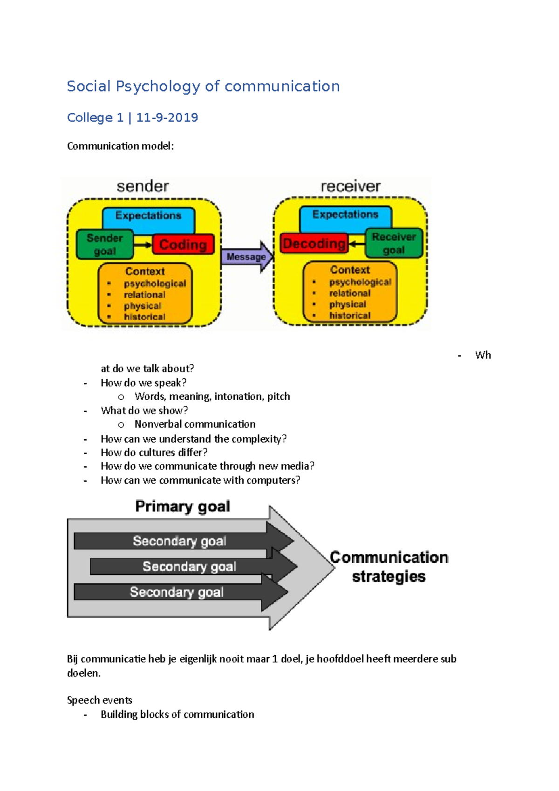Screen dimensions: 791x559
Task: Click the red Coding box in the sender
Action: click(x=183, y=245)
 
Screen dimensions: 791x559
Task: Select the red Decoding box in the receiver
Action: click(x=314, y=244)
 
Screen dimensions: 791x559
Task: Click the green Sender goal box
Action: click(x=105, y=245)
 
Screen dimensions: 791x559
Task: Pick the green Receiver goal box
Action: click(x=394, y=243)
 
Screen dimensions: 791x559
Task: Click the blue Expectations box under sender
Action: click(x=148, y=216)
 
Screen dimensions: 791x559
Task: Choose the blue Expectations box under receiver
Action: click(x=345, y=215)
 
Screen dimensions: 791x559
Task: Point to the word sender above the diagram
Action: click(x=143, y=186)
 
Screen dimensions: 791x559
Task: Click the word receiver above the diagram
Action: click(x=350, y=186)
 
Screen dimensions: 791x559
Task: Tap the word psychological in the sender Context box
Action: click(x=155, y=283)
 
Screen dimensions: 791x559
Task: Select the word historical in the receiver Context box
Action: click(x=350, y=315)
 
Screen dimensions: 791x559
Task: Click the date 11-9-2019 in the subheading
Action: click(x=167, y=117)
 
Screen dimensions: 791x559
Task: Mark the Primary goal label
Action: click(x=183, y=506)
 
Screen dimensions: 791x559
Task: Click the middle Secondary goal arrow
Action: click(x=190, y=566)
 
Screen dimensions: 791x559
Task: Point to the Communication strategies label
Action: click(x=389, y=566)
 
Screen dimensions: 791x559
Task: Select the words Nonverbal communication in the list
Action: click(x=195, y=424)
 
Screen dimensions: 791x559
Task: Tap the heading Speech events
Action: click(x=100, y=700)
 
